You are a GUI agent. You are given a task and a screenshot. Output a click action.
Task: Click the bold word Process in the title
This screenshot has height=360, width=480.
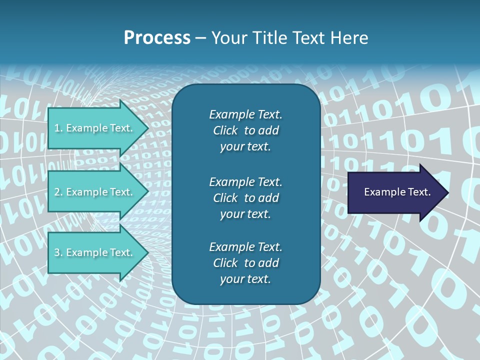[156, 38]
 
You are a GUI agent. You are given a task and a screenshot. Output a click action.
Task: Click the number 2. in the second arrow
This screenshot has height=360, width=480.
[58, 192]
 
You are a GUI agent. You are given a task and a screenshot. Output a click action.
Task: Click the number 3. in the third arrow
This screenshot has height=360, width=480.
[58, 252]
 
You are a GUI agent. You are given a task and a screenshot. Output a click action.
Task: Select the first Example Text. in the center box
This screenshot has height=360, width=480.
[245, 114]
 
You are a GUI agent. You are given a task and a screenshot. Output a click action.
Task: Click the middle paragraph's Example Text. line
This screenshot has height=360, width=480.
[245, 182]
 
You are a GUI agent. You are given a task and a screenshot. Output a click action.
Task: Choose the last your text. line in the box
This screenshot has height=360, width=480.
[245, 279]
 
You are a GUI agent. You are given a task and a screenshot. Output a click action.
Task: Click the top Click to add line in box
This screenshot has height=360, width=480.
[245, 130]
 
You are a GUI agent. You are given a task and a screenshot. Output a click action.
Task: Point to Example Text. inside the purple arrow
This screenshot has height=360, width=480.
[397, 192]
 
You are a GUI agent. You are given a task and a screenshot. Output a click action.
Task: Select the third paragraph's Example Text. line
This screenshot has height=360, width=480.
[245, 247]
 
